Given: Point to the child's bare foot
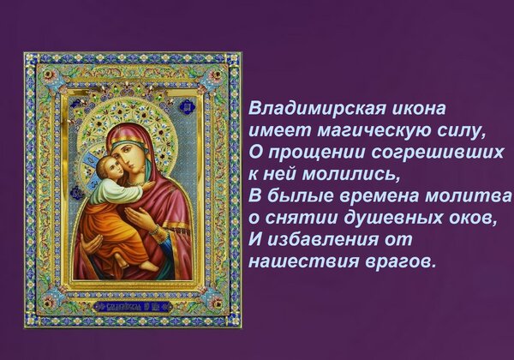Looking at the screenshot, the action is tap(149, 266).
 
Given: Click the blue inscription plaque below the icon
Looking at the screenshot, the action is tap(133, 307).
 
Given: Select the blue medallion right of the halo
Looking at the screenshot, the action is tap(187, 106).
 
